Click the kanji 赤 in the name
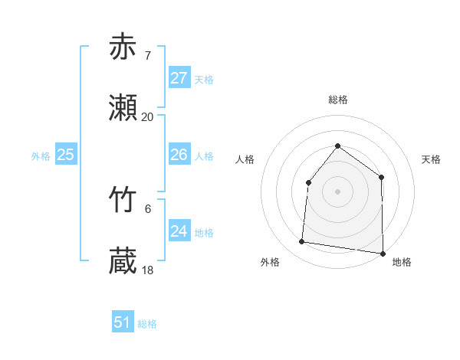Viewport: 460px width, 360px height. (x=123, y=47)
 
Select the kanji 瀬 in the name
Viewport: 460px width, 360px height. (x=123, y=108)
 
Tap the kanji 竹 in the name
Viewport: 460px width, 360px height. (x=123, y=200)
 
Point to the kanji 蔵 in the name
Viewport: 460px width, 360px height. (x=123, y=261)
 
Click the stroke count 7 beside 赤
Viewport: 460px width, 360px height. (x=147, y=55)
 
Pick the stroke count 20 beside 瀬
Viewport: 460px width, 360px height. (x=147, y=116)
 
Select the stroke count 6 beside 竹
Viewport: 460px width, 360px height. (x=147, y=208)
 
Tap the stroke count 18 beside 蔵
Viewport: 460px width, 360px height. (x=147, y=270)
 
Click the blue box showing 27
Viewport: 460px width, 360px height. (x=179, y=78)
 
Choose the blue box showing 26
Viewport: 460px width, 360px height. (x=179, y=155)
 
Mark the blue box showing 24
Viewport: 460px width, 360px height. (x=179, y=231)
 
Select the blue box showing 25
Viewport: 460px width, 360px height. (x=65, y=155)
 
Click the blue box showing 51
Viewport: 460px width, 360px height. (x=122, y=322)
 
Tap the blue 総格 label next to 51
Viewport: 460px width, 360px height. (x=147, y=324)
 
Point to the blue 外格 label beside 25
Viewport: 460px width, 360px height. (x=41, y=156)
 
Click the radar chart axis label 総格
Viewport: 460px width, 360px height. (x=337, y=100)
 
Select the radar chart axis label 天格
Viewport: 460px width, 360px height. (x=431, y=159)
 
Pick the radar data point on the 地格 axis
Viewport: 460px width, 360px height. (x=383, y=253)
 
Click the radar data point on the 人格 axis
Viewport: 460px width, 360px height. (x=308, y=182)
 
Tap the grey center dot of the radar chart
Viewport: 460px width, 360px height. (x=337, y=191)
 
